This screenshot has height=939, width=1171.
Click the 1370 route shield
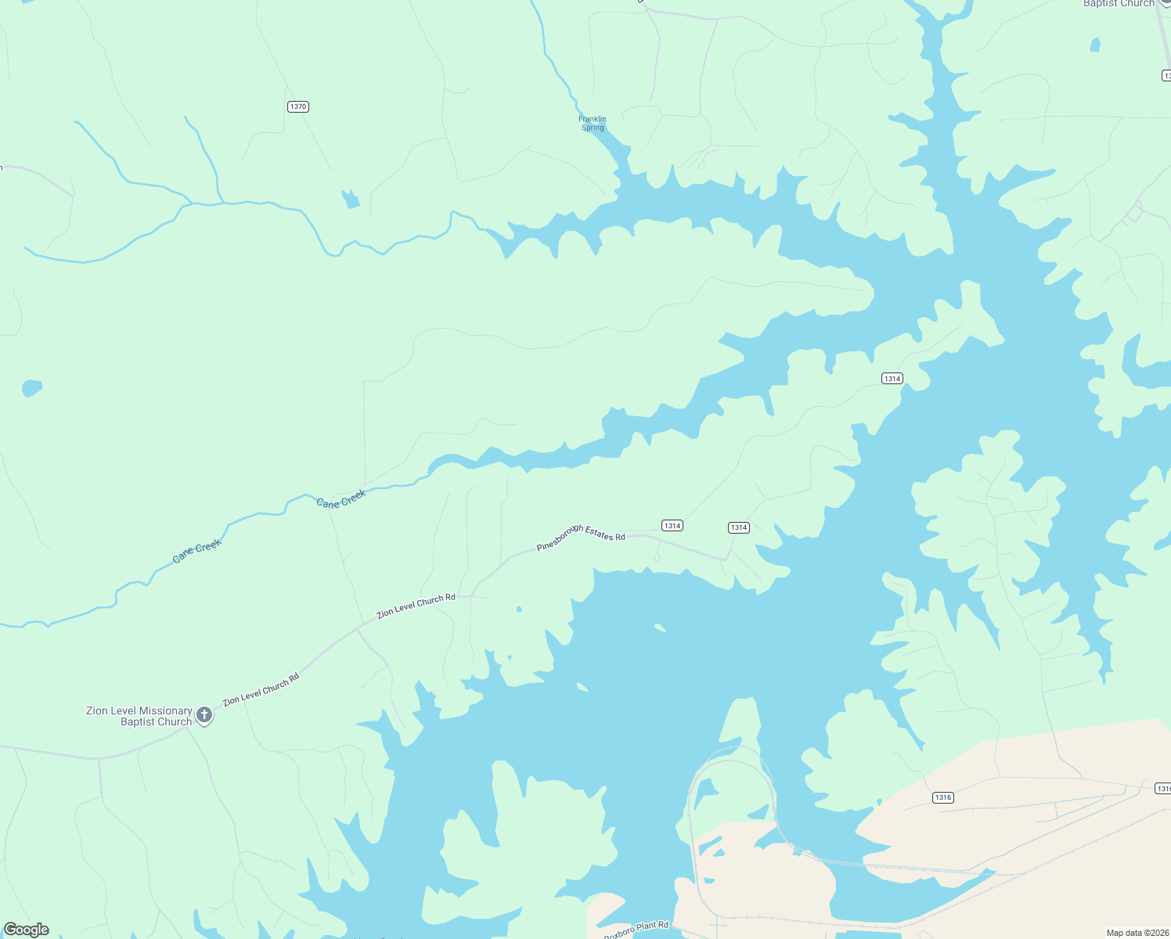coord(297,106)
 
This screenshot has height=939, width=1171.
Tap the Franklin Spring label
coord(593,124)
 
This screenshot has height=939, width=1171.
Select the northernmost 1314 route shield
coord(892,379)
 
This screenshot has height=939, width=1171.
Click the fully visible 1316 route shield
coord(942,797)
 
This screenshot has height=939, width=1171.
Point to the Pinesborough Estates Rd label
coord(581,537)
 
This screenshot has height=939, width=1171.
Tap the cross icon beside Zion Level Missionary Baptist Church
coord(204,714)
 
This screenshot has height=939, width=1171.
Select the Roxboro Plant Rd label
coord(636,930)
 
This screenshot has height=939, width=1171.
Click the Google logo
coord(27,930)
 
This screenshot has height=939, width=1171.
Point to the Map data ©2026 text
coord(1137,933)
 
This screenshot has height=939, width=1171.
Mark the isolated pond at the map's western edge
coord(31,387)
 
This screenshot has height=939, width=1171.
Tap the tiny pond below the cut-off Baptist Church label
coord(1095,45)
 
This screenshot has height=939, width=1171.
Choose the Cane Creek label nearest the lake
coord(341,498)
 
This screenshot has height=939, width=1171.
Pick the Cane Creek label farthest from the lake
coord(197,550)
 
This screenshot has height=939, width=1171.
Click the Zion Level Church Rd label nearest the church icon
coord(261,690)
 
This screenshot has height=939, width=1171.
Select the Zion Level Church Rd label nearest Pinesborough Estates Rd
coord(416,606)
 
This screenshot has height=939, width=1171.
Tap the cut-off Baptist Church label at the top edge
coord(1119,4)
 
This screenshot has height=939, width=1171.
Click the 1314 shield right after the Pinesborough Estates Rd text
coord(672,526)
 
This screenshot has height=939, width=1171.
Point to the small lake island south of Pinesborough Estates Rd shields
coord(660,627)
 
